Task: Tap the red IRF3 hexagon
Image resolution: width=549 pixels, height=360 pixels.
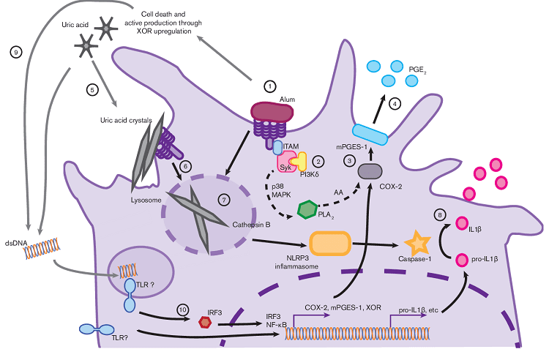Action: click(x=206, y=320)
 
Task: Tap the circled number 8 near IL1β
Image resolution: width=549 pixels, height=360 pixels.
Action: click(x=439, y=214)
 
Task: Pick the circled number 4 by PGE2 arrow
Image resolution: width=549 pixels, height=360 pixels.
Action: click(x=395, y=105)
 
